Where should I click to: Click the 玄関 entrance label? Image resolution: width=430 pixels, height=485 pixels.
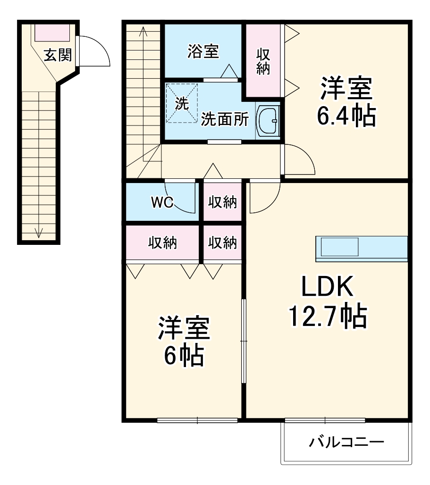pos(58,55)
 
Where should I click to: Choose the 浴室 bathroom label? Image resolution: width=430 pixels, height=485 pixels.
pos(203,51)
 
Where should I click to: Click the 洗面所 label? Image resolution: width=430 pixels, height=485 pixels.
pos(225,119)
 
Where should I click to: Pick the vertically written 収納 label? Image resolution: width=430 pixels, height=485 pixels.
pos(263,61)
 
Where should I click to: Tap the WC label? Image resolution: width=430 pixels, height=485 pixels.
pos(162,202)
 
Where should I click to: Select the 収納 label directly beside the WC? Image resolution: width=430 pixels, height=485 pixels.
pos(222,202)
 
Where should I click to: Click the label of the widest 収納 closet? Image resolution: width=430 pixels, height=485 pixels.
pos(162,242)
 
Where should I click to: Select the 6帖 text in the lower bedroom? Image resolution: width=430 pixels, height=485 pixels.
pos(184,355)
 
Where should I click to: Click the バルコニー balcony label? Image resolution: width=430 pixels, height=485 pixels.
pos(346,443)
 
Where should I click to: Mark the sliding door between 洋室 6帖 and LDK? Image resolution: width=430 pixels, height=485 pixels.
pos(244,341)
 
